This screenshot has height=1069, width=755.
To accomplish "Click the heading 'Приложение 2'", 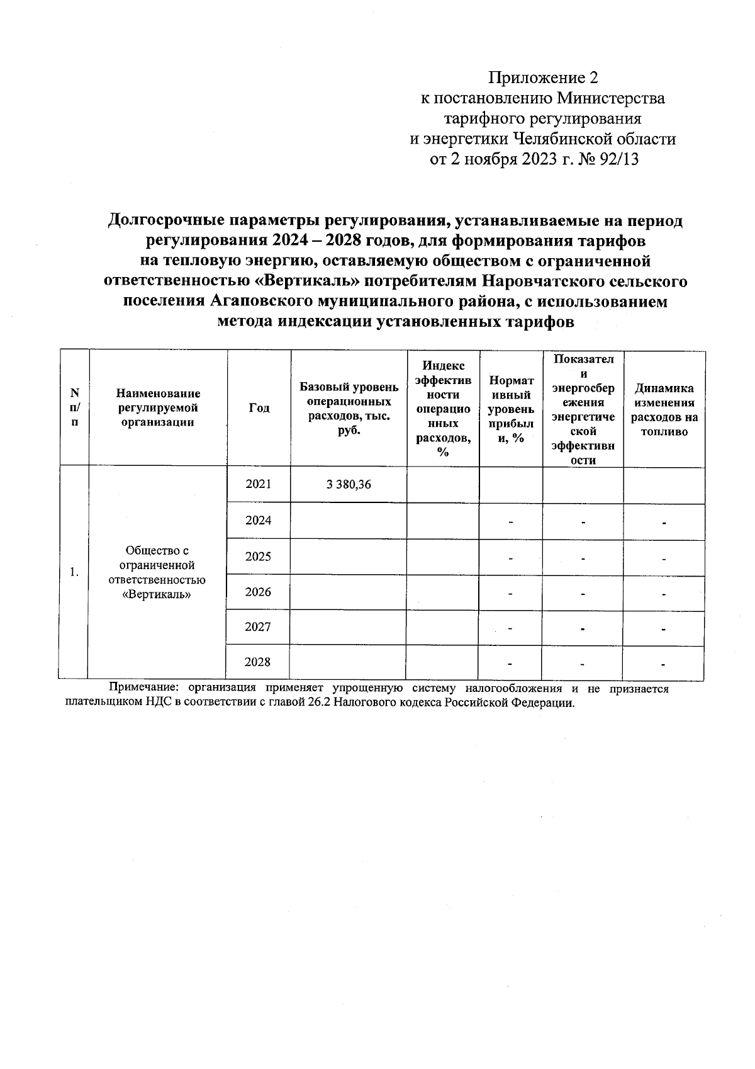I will click(543, 78).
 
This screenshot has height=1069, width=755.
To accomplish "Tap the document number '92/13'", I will click(619, 159).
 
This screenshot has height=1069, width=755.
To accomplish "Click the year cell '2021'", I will click(258, 484).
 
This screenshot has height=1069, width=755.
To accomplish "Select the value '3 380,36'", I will click(349, 484).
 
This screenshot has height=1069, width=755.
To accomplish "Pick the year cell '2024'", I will click(258, 521).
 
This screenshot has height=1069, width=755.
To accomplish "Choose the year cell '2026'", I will click(258, 592).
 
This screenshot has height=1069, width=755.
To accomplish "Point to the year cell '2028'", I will click(257, 662).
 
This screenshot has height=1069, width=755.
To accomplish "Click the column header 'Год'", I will click(259, 408).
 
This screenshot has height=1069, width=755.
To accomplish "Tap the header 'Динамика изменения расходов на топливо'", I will click(664, 410).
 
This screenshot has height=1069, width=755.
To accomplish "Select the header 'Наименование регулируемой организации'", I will click(157, 408).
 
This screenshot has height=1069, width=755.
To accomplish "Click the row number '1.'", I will click(74, 572).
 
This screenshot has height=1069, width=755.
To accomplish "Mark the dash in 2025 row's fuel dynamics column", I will click(664, 558).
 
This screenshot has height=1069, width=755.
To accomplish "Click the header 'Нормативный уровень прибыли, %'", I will click(510, 409).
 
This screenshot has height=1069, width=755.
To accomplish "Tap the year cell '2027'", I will click(258, 627).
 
